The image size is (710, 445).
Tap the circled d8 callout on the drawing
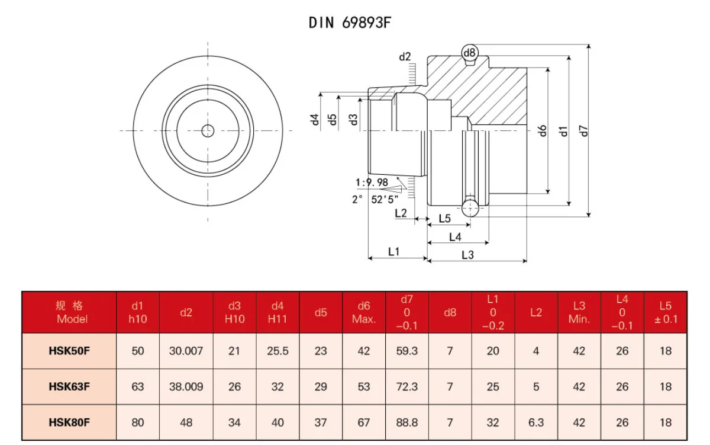pos(470,53)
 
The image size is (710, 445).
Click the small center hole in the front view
pos(208,130)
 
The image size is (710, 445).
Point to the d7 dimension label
pos(585,130)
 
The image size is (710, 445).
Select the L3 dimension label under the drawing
pos(467,255)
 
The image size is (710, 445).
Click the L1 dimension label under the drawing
pos(394,252)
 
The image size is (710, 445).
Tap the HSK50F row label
pos(69,351)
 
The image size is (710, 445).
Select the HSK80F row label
pos(69,422)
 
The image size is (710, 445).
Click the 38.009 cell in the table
pos(186,387)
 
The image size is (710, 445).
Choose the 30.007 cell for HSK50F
pos(186,351)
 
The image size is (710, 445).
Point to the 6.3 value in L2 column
pos(535,422)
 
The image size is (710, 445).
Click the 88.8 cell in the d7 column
pos(407,422)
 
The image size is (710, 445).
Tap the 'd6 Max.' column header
pos(364,312)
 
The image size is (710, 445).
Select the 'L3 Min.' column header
pos(579,312)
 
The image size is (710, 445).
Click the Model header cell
pos(69,312)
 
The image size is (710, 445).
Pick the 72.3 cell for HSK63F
pos(407,387)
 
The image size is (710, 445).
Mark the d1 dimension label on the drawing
pos(564,130)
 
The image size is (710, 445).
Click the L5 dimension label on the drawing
pos(445,219)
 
